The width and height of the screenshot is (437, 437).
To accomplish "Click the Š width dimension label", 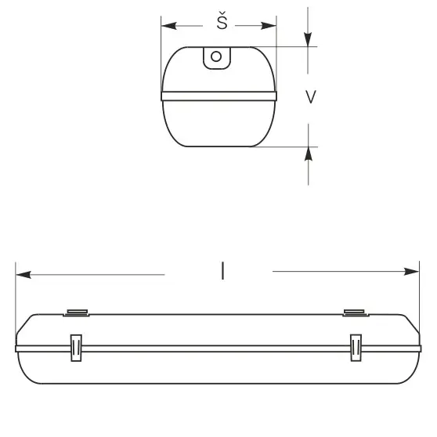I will (222, 23).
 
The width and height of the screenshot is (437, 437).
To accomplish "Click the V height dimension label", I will (311, 97).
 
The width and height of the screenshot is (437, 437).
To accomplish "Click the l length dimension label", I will (223, 272).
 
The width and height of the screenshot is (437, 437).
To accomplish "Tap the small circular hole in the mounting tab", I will (216, 56).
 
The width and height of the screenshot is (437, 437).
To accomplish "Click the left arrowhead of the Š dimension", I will (167, 25).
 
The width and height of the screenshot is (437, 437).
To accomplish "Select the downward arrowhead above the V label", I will (309, 41).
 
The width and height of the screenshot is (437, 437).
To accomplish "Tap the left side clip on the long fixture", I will (76, 348).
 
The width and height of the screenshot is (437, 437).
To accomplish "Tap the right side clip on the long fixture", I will (356, 348).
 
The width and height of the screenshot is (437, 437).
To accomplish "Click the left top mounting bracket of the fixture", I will (76, 313).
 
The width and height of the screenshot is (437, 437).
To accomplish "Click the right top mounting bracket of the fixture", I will (355, 313).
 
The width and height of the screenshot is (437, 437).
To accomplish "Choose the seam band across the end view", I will (218, 97).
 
